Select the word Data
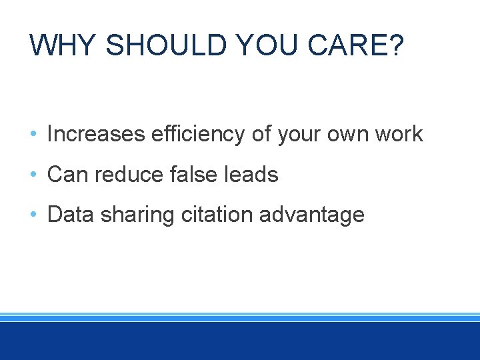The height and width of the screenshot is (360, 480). (69, 215)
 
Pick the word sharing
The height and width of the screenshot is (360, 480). (131, 215)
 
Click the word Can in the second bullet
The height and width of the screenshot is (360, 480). (68, 175)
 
